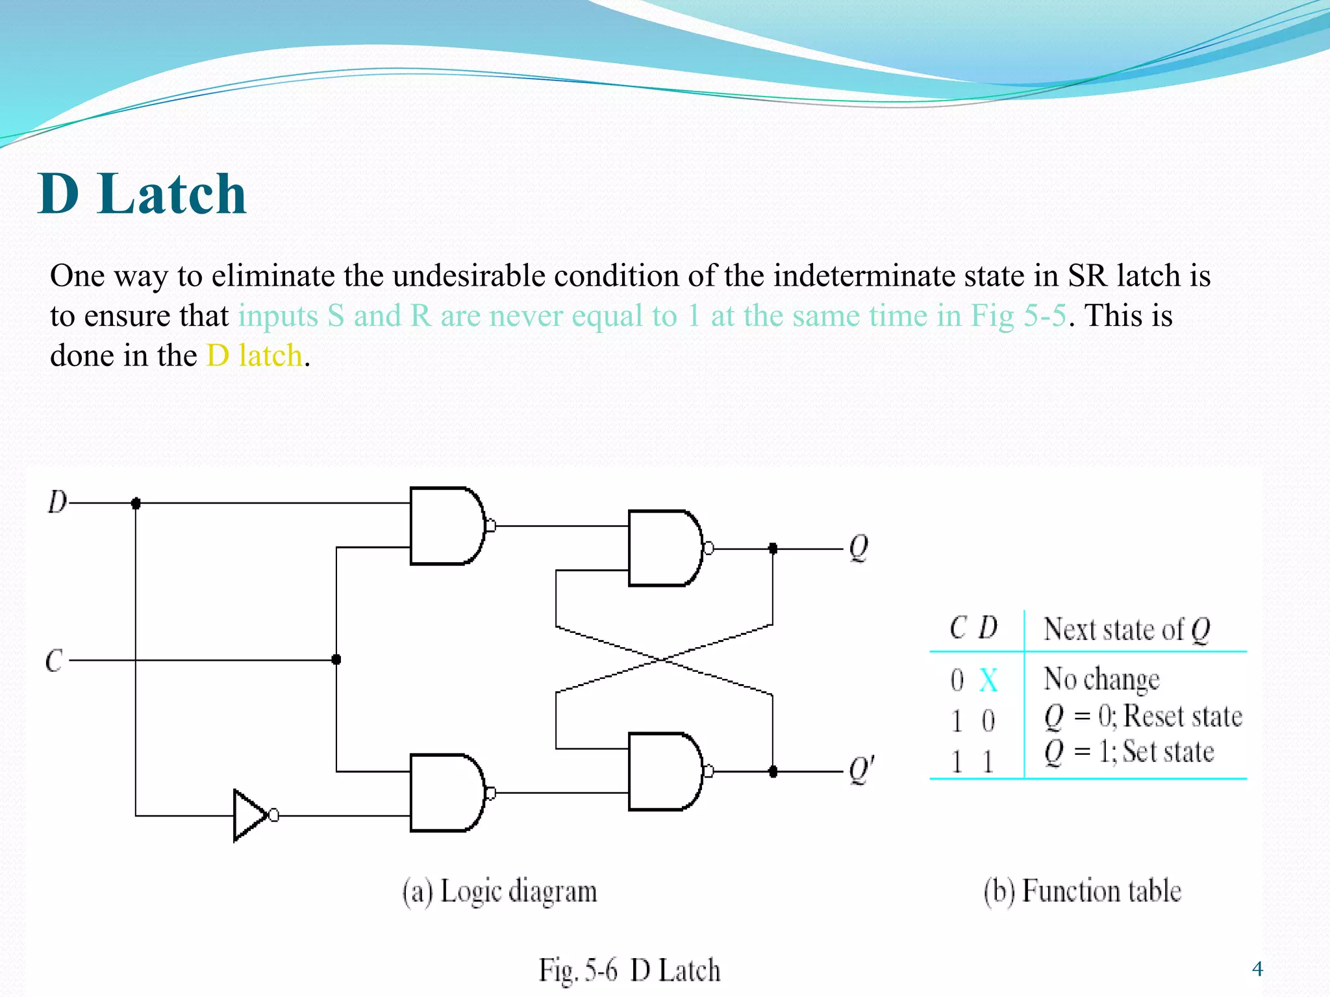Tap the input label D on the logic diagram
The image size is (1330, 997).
(57, 502)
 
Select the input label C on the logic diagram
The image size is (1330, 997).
(55, 661)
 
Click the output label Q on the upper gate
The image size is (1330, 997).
(859, 549)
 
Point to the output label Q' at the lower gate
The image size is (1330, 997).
(862, 770)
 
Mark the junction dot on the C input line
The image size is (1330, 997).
(336, 660)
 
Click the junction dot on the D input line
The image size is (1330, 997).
(136, 503)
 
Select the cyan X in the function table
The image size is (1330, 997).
(988, 680)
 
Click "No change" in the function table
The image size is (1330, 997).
(1101, 680)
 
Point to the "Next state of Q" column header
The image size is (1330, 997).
(1127, 629)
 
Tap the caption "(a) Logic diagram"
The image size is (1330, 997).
(499, 891)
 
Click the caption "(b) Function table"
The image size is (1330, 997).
(1082, 891)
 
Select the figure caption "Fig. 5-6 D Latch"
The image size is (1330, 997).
(629, 970)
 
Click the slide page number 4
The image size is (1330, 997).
(1257, 969)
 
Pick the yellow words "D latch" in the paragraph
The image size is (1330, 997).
(255, 356)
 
